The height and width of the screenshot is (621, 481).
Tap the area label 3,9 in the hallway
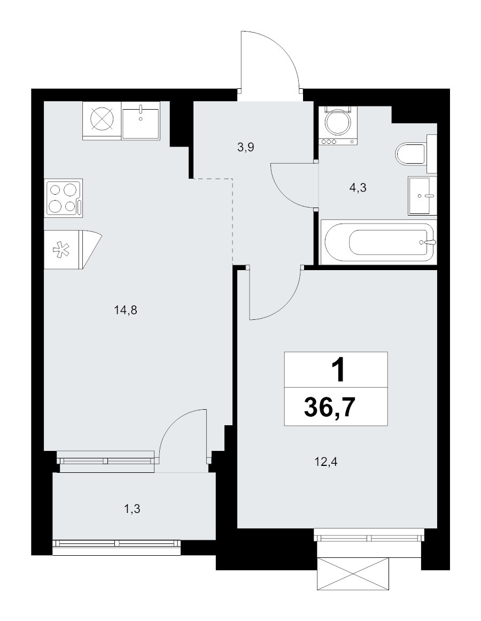pos(245,148)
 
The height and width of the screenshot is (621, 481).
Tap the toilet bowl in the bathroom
pos(412,155)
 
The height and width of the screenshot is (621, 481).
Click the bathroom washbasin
pos(422,195)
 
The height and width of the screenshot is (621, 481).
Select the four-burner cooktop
pos(64,198)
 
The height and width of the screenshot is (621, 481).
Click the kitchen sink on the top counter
pos(141,121)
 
